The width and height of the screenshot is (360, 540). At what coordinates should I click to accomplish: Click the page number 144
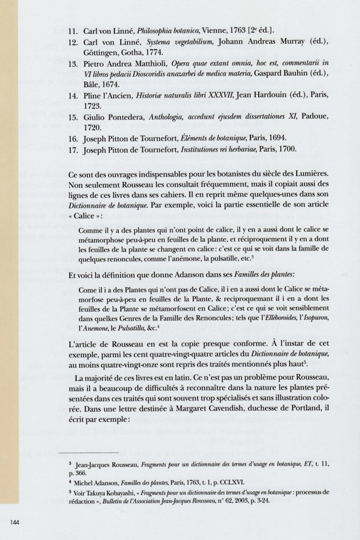coord(14,523)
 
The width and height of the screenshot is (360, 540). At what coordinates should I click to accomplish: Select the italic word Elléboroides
coord(275,319)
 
